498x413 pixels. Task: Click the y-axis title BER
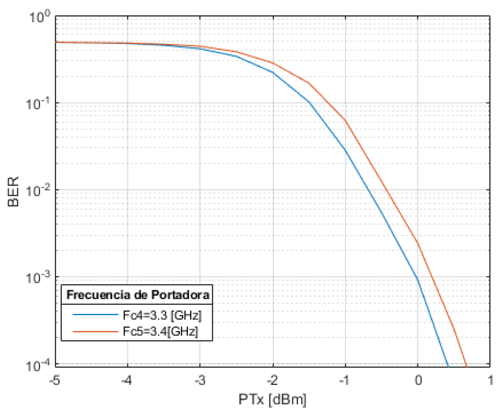click(13, 192)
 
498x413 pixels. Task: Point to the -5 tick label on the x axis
click(55, 380)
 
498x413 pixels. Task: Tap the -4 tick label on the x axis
click(127, 380)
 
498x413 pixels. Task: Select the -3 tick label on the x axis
click(200, 380)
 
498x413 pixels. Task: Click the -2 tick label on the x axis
click(272, 380)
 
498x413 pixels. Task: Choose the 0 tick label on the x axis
click(418, 380)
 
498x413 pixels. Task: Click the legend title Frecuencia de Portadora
click(138, 295)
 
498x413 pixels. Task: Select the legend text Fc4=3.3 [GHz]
click(162, 315)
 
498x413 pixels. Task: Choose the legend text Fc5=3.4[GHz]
click(160, 331)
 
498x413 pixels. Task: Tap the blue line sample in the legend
click(95, 314)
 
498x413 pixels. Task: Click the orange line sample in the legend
click(95, 332)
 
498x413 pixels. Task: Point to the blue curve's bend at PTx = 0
click(418, 279)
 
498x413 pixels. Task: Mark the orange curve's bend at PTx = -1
click(345, 121)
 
